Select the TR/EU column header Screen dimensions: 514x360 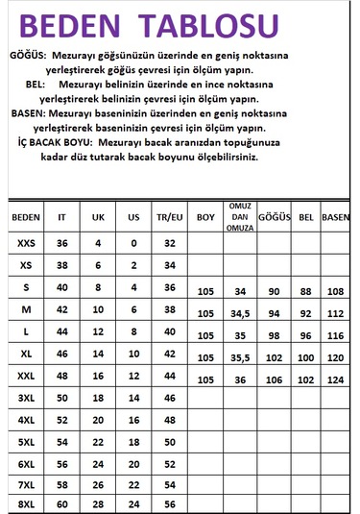[x=169, y=217]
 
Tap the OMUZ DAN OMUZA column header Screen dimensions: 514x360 [x=240, y=217]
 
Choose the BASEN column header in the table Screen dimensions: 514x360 [x=335, y=217]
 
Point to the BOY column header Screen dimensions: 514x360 [x=204, y=217]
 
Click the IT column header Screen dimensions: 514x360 [x=63, y=217]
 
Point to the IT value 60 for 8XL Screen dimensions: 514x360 [x=63, y=503]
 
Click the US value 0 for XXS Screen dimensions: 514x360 [x=133, y=244]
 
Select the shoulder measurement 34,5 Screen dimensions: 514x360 [x=240, y=313]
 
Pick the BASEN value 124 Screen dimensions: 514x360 [x=336, y=379]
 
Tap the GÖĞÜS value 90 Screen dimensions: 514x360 [x=275, y=291]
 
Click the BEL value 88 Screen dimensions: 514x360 [x=306, y=291]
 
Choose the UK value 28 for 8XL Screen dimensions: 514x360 [x=97, y=503]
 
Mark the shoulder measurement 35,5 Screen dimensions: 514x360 [x=240, y=357]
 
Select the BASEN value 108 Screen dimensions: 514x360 [x=336, y=291]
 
